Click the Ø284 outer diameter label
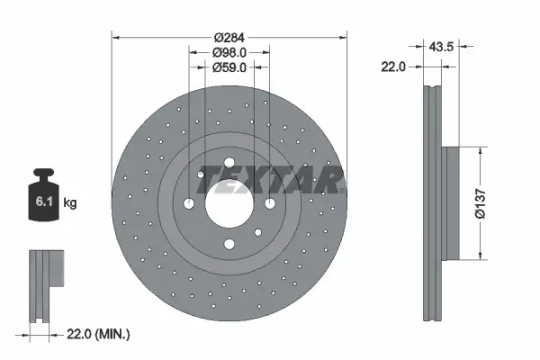point(229,37)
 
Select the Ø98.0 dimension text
point(229,52)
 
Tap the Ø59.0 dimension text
point(229,67)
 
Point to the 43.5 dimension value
point(441,46)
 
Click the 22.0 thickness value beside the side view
point(393,67)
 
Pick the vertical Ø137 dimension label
point(480,203)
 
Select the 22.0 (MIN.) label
point(98,334)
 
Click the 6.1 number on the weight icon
point(44,202)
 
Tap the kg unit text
point(70,202)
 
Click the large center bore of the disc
point(229,203)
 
